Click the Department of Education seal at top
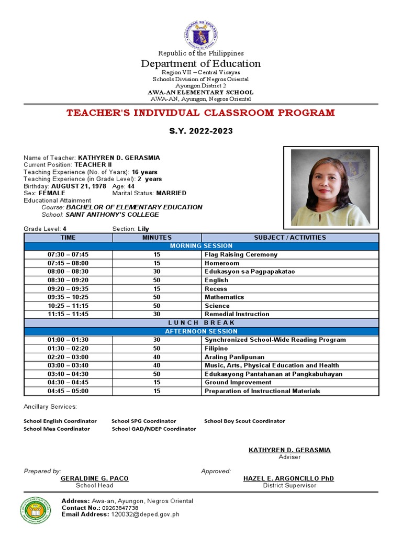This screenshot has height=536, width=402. click(x=201, y=35)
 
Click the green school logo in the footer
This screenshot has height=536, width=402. click(x=36, y=510)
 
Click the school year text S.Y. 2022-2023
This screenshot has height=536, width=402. click(x=201, y=131)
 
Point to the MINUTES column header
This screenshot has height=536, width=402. click(x=157, y=237)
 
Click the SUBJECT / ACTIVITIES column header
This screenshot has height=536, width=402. click(x=290, y=237)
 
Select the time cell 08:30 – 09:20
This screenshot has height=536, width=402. click(x=68, y=280)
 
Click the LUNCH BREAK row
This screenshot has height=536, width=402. click(x=201, y=322)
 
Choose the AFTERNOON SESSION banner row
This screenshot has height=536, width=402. click(x=201, y=331)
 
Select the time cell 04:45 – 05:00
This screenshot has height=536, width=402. click(x=68, y=391)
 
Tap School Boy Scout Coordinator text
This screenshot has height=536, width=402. click(x=244, y=421)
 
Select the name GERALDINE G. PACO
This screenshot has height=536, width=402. click(x=95, y=478)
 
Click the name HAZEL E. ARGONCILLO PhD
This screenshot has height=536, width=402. click(x=288, y=478)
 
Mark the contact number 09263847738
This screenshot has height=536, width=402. click(x=120, y=508)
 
